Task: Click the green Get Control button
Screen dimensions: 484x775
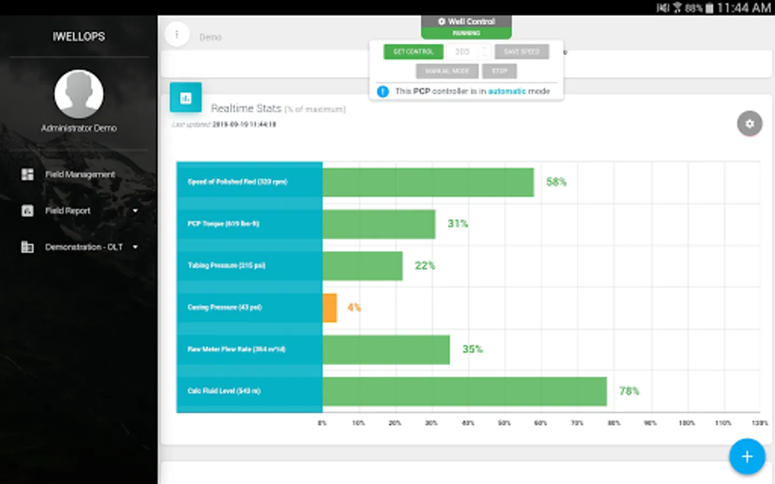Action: tap(413, 52)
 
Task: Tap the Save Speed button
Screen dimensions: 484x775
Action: tap(522, 52)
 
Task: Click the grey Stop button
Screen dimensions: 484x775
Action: tap(499, 71)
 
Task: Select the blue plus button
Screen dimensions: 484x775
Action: tap(746, 457)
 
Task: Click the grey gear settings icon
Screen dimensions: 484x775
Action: tap(749, 124)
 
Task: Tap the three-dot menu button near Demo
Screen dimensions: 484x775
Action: tap(177, 34)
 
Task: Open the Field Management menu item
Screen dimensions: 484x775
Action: tap(80, 174)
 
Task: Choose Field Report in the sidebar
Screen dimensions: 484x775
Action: tap(68, 211)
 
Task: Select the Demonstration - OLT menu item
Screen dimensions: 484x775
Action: tap(84, 247)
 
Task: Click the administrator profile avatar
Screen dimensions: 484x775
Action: tap(79, 94)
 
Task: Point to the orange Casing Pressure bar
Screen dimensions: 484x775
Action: tap(329, 308)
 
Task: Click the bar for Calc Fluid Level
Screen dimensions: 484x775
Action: tap(464, 391)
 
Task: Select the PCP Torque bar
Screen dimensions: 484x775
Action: tap(378, 224)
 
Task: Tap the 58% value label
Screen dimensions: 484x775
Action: tap(556, 182)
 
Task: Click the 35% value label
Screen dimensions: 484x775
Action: tap(473, 349)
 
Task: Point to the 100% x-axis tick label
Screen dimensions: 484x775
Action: tap(686, 423)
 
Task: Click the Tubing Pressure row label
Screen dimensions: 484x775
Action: tap(227, 265)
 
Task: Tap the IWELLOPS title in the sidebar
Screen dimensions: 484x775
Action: tap(79, 37)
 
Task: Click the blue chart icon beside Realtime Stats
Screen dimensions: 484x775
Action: tap(186, 97)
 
